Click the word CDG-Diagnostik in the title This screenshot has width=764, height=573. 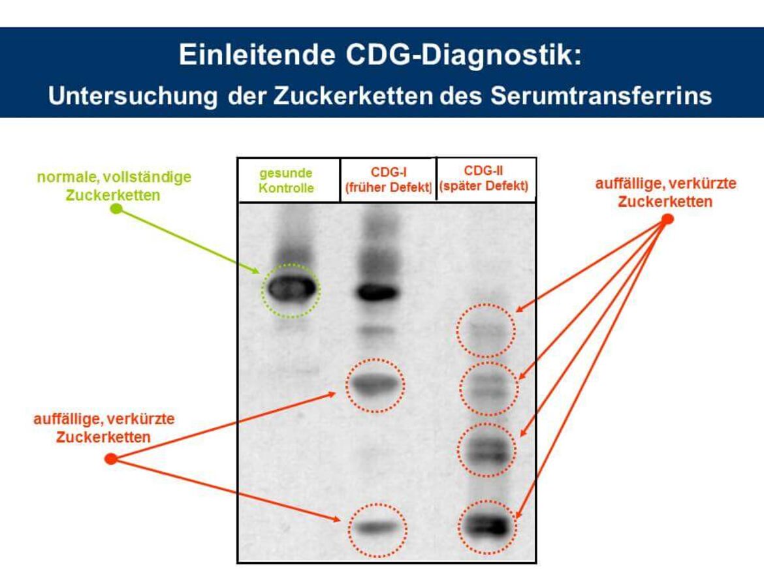pos(464,55)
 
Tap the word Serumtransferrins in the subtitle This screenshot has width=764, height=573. pos(601,95)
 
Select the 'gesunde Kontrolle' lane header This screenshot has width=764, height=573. pos(287,181)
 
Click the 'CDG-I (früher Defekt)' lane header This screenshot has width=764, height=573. pos(389,179)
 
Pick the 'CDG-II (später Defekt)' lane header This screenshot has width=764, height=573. pos(484,178)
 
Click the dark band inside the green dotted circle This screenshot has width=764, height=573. pos(291,288)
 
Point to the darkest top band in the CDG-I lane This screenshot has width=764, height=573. pos(378,292)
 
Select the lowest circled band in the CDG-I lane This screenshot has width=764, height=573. pos(377,527)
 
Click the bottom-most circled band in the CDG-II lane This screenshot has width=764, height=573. pos(487,525)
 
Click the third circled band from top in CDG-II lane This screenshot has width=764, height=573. pos(486,450)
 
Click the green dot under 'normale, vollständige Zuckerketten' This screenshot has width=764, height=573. pos(116,209)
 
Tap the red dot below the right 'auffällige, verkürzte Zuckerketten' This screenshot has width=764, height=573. pos(667,219)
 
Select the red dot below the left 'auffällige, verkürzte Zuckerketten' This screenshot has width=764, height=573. pos(111,459)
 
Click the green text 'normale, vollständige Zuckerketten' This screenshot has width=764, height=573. pos(114,186)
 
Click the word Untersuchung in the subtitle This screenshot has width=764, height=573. pos(133,96)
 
